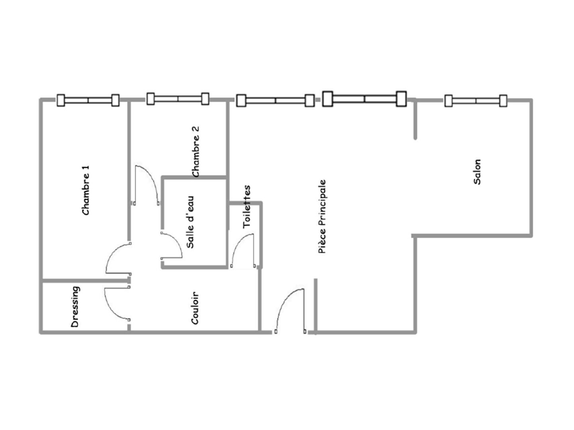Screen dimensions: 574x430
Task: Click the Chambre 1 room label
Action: pyautogui.click(x=86, y=190)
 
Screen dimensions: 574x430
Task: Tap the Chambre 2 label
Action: pyautogui.click(x=196, y=152)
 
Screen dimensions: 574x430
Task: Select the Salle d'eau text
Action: pyautogui.click(x=190, y=222)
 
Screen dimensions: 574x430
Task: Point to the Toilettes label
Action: pyautogui.click(x=247, y=207)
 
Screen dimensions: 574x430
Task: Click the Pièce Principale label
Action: pyautogui.click(x=322, y=217)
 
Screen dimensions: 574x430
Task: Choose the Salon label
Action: pyautogui.click(x=477, y=172)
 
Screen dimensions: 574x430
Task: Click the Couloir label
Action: pyautogui.click(x=195, y=308)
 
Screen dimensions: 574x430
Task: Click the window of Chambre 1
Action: pyautogui.click(x=88, y=100)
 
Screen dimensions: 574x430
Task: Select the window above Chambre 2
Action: pyautogui.click(x=178, y=99)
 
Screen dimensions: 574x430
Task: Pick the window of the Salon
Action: pyautogui.click(x=476, y=101)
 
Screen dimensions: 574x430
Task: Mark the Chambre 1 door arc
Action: pyautogui.click(x=111, y=255)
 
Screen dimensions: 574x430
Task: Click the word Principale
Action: pyautogui.click(x=322, y=203)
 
